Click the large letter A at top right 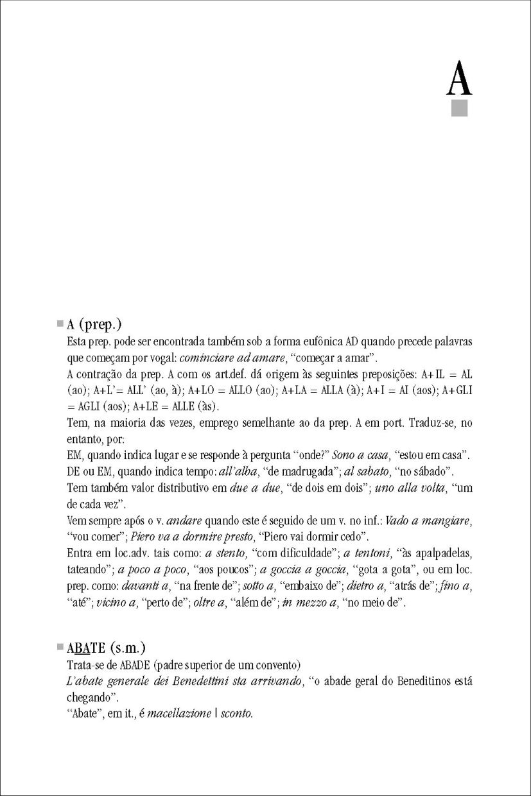(459, 80)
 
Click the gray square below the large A (459, 108)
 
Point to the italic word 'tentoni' (370, 553)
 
